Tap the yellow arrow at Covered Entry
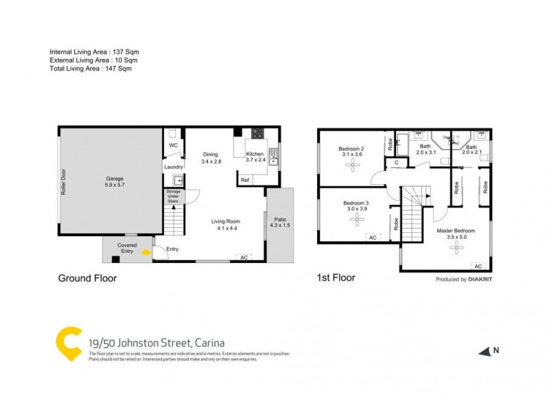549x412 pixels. click(x=145, y=253)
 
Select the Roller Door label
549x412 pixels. click(x=62, y=183)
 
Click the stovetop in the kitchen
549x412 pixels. click(x=258, y=133)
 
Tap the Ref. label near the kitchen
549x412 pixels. click(x=244, y=180)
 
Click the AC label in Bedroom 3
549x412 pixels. click(x=373, y=238)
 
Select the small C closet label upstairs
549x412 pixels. click(x=396, y=163)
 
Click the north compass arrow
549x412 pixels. click(x=486, y=351)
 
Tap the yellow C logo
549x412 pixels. click(x=69, y=344)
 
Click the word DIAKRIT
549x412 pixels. click(x=480, y=279)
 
